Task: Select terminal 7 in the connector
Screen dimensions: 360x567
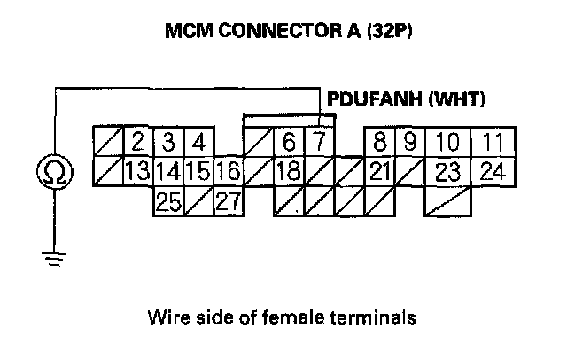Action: (317, 142)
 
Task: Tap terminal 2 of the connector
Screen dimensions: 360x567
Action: (138, 142)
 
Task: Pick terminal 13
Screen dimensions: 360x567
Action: (137, 171)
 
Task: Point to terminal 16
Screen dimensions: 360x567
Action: (228, 171)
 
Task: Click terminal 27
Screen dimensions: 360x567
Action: (228, 201)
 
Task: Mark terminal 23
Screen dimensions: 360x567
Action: (448, 171)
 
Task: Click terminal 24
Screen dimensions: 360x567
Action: (490, 171)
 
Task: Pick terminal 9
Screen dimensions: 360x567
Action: (409, 142)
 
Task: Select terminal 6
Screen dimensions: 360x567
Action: (289, 142)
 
